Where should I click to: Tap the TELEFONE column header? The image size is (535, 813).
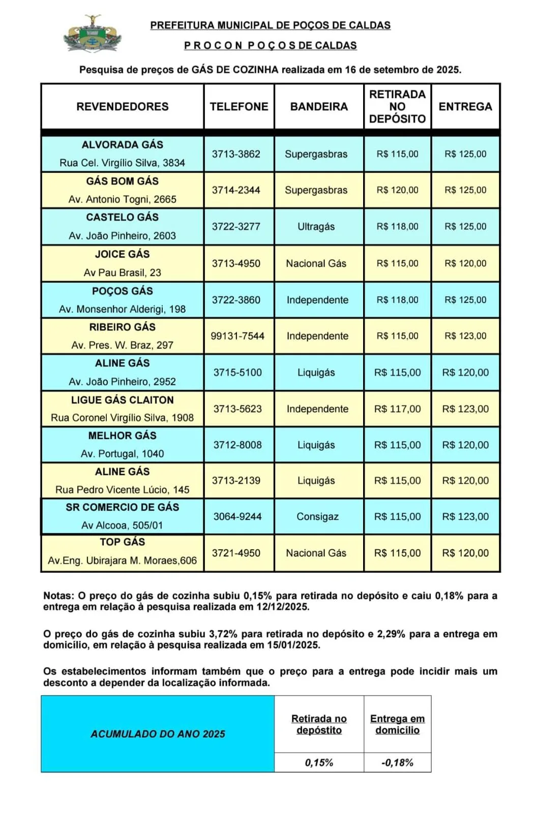tap(239, 107)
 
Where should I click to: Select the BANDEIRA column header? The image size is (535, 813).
tap(319, 107)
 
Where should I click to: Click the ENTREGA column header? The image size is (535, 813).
tap(465, 107)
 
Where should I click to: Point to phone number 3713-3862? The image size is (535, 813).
tap(236, 154)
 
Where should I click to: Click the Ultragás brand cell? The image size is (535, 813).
tap(316, 227)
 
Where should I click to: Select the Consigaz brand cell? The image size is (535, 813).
tap(317, 517)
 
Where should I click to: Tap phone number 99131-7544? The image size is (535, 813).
tap(237, 336)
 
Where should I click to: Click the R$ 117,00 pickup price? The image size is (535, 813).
tap(397, 409)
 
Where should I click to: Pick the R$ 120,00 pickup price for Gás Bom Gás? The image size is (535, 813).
tap(397, 190)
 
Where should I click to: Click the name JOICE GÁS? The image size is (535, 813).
tap(123, 254)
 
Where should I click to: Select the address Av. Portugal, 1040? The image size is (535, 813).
tap(123, 454)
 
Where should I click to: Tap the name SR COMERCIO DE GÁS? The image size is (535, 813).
tap(123, 507)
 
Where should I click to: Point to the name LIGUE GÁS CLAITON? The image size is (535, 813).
tap(123, 400)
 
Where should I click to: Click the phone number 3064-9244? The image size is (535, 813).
tap(237, 517)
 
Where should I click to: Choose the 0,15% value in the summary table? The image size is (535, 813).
tap(319, 763)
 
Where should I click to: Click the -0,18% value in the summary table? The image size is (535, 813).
tap(397, 763)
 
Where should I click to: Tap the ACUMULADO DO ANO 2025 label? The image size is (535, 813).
tap(158, 734)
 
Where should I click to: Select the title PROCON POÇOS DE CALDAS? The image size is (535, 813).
tap(270, 45)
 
